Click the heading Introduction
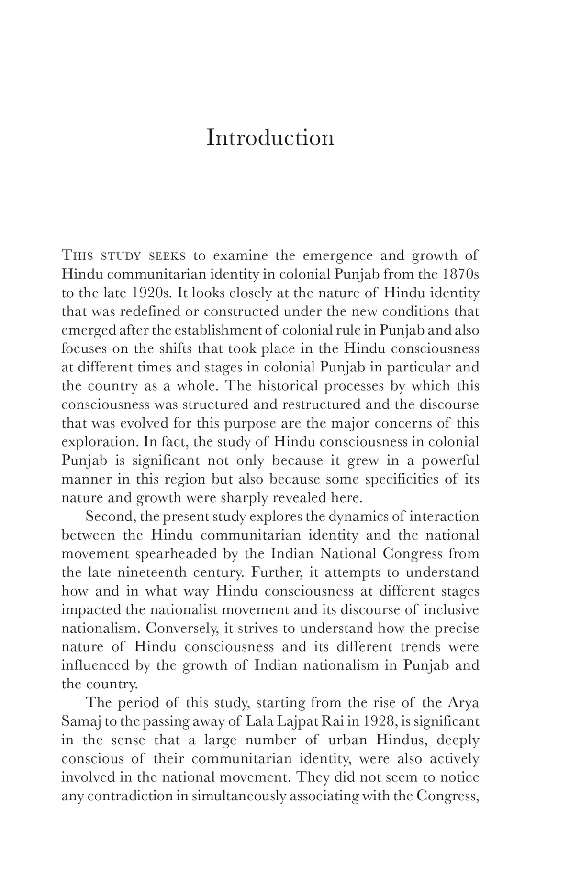point(270,138)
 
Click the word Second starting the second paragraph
point(108,517)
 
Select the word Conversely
point(180,628)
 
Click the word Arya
point(463,703)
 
